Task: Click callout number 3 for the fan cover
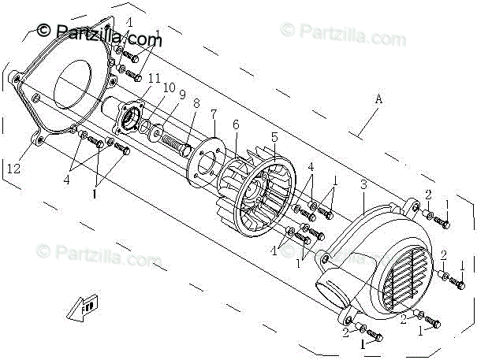coord(362,185)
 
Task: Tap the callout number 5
coord(274,137)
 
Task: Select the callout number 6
coord(235,124)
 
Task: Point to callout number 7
coord(213,114)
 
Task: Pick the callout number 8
coord(196,102)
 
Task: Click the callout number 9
coord(181,95)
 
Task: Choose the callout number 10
coord(168,87)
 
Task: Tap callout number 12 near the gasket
coord(13,169)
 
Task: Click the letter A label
coord(378,99)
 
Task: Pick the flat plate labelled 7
coord(206,161)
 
